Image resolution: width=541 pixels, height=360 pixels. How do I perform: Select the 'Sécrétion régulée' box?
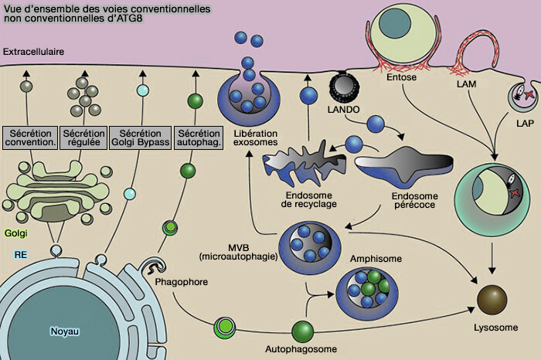(x=83, y=138)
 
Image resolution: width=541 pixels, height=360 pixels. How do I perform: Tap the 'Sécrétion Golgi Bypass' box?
(x=141, y=138)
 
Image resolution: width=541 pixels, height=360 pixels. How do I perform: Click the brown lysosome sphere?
(x=491, y=298)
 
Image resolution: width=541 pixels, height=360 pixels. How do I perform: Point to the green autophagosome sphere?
(x=303, y=332)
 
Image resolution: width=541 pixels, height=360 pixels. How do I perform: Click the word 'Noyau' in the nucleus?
(x=65, y=331)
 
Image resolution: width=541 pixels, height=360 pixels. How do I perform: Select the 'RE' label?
(x=20, y=253)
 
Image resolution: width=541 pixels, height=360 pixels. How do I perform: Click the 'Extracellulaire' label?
(x=33, y=52)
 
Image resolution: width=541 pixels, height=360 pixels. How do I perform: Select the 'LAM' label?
(x=468, y=82)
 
